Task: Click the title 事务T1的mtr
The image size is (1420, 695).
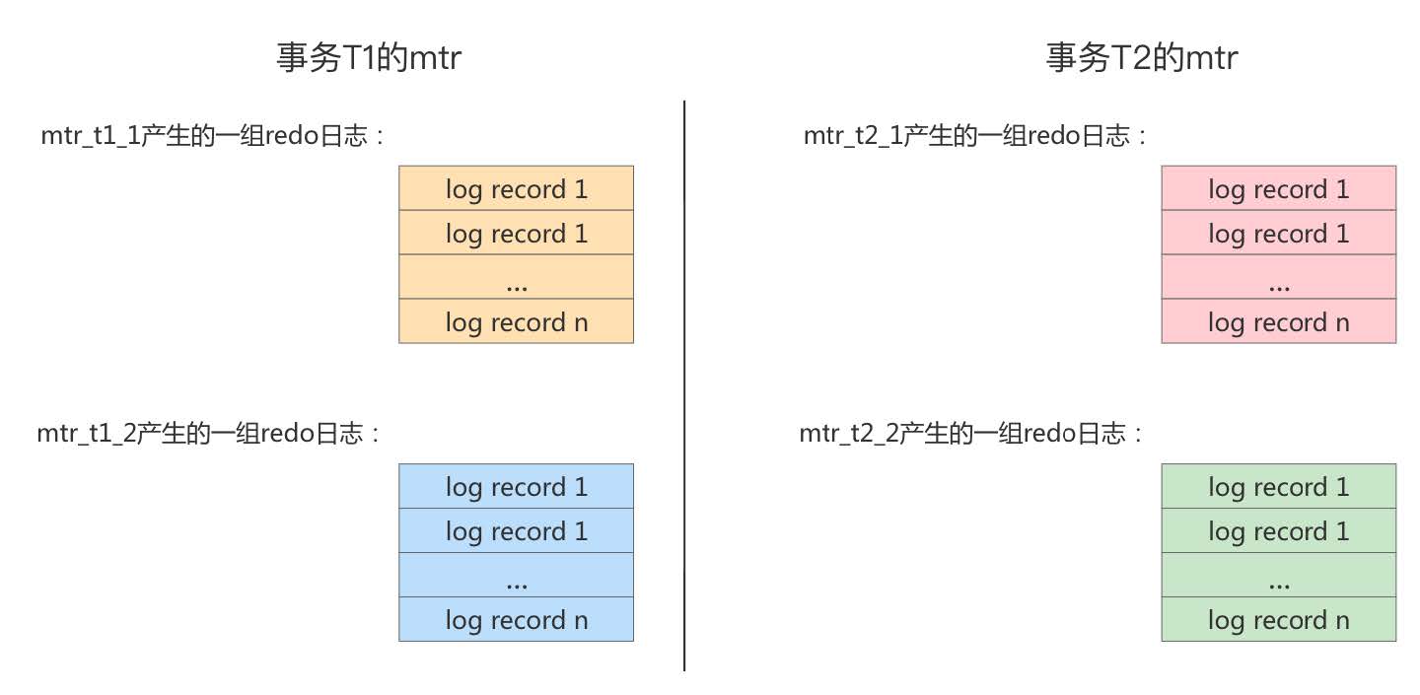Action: [369, 59]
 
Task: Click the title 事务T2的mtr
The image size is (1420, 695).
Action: [1141, 59]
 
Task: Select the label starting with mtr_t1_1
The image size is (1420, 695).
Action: [212, 136]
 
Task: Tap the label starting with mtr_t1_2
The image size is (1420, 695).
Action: [209, 434]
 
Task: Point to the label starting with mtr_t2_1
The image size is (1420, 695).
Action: [976, 136]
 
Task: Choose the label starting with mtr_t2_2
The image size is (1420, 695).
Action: [972, 434]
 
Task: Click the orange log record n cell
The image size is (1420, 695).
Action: [516, 322]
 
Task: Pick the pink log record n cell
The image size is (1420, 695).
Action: [1278, 322]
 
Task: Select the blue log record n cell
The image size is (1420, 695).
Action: [516, 620]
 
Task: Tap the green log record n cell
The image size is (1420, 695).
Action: [1278, 620]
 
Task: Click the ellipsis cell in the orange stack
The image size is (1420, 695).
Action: [516, 278]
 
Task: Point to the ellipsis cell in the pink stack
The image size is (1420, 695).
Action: [1278, 278]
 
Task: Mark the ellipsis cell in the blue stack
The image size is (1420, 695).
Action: [516, 576]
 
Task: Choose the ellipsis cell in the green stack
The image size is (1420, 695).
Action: [1278, 576]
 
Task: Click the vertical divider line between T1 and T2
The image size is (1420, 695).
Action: [684, 384]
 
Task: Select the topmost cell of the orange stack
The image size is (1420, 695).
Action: [516, 188]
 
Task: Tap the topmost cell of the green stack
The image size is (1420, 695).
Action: [1278, 486]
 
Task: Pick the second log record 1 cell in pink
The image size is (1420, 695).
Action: [1278, 234]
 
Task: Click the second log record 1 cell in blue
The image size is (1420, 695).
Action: [516, 531]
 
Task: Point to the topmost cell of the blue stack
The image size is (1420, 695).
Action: [516, 486]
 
